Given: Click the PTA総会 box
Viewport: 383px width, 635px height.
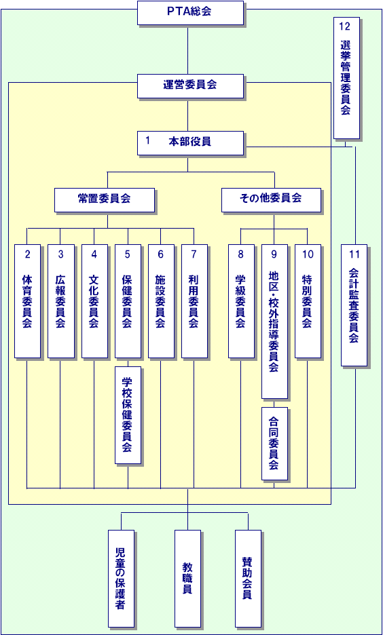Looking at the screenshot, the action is tap(191, 13).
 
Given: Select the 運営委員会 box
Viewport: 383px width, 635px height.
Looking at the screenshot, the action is tap(191, 86).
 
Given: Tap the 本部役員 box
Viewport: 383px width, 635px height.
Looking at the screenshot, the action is tap(191, 143).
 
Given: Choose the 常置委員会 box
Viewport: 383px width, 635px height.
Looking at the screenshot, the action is tap(105, 199).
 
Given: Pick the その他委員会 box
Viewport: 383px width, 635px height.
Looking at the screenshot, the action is tap(271, 199).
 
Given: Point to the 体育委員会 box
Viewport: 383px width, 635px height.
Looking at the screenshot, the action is tap(28, 301).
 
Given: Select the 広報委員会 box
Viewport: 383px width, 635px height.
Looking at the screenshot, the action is tap(61, 301).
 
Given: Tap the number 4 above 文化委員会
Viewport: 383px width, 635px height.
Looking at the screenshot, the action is tap(94, 254).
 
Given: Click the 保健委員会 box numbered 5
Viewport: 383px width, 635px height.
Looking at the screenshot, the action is tap(128, 301).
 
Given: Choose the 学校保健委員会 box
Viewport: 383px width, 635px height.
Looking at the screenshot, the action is tap(128, 415).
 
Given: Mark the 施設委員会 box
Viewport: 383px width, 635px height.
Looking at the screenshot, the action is tap(161, 301).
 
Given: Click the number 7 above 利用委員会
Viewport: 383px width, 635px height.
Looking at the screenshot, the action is tap(194, 254).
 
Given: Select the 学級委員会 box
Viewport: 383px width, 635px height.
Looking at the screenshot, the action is tap(241, 301).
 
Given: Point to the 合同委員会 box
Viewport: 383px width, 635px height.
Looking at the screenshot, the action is tap(274, 444).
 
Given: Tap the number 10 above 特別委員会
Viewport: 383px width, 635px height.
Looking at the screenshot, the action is tap(308, 254).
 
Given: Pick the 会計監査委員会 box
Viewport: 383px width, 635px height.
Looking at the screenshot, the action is tap(354, 305).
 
